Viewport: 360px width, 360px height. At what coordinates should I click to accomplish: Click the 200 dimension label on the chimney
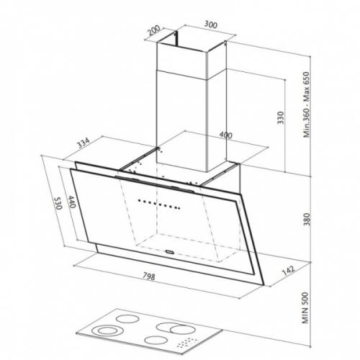tap(153, 30)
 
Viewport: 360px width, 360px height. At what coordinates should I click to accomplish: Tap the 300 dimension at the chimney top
tap(211, 24)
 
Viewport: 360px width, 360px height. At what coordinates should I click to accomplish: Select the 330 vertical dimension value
tap(281, 117)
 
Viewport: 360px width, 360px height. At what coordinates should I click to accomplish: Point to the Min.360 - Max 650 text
tap(307, 104)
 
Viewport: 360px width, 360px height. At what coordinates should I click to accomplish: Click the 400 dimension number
tap(226, 135)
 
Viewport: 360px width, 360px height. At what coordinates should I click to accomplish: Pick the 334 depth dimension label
tap(83, 143)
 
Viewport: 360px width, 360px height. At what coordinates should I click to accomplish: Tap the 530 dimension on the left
tap(58, 203)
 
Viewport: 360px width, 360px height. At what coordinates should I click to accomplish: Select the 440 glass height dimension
tap(72, 202)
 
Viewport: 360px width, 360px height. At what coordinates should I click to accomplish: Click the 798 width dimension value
tap(149, 276)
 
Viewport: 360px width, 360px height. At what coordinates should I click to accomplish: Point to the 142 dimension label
tap(288, 270)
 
